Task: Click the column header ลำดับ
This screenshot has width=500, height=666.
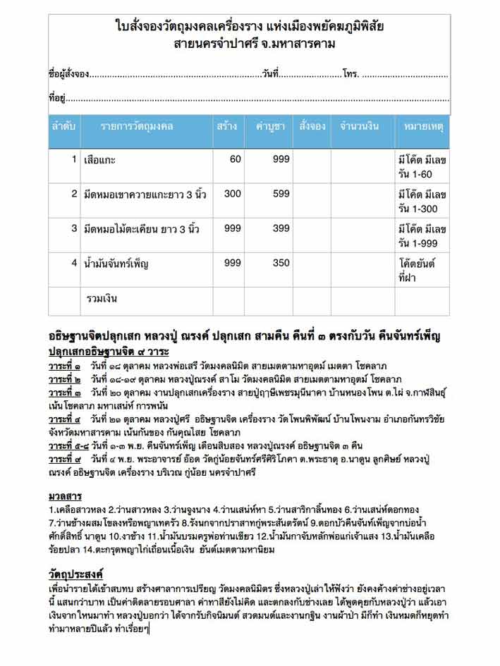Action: click(64, 127)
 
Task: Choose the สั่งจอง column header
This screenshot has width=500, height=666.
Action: click(312, 127)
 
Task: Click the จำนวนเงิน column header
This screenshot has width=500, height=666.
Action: click(360, 127)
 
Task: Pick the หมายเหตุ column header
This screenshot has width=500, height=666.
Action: click(422, 127)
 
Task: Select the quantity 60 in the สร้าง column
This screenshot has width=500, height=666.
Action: click(235, 159)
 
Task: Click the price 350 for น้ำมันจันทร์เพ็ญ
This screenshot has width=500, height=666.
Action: click(281, 263)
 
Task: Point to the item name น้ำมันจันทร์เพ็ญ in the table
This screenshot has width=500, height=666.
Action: click(116, 264)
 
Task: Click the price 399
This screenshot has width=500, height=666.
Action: click(281, 228)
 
